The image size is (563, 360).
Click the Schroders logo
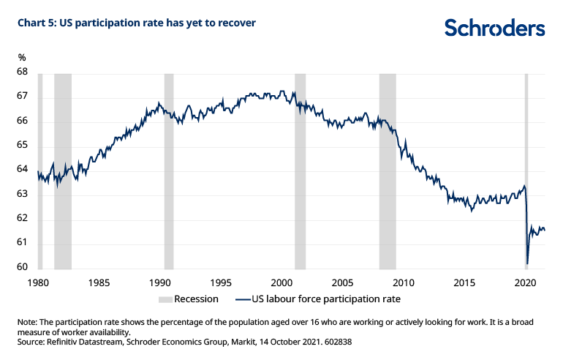pyautogui.click(x=495, y=28)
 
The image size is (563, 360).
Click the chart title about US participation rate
pyautogui.click(x=137, y=23)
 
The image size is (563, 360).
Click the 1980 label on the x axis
pyautogui.click(x=37, y=282)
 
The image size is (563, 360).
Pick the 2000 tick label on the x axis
pyautogui.click(x=282, y=282)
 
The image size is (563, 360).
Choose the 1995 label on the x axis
pyautogui.click(x=221, y=282)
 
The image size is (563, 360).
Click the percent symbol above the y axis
pyautogui.click(x=22, y=57)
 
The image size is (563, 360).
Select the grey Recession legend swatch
pyautogui.click(x=165, y=299)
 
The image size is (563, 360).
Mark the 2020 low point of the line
pyautogui.click(x=527, y=263)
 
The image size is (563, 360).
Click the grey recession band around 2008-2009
pyautogui.click(x=388, y=168)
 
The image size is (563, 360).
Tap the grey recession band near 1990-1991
pyautogui.click(x=169, y=168)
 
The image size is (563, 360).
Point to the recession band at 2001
pyautogui.click(x=300, y=168)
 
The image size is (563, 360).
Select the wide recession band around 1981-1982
pyautogui.click(x=63, y=168)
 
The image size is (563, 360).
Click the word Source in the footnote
pyautogui.click(x=31, y=341)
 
